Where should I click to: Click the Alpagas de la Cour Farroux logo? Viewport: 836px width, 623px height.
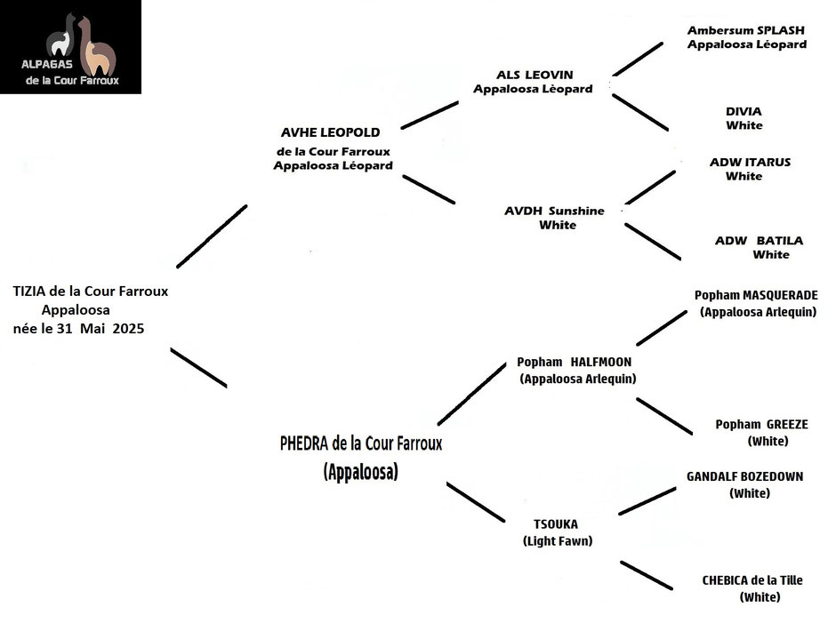click(x=70, y=47)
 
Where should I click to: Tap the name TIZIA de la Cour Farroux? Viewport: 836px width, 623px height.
click(x=91, y=292)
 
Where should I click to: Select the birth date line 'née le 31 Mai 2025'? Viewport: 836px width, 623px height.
click(x=78, y=328)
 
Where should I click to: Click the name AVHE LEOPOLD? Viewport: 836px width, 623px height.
click(x=331, y=132)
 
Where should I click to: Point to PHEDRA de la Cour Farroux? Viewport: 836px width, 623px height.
click(x=361, y=443)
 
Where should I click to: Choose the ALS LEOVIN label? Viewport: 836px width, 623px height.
click(x=535, y=76)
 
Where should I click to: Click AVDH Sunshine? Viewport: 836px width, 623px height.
click(x=554, y=211)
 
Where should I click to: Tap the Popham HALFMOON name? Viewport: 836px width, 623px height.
click(x=575, y=362)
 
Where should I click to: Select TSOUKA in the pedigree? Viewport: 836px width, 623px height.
click(x=556, y=524)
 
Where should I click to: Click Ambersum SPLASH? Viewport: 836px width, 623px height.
click(x=746, y=30)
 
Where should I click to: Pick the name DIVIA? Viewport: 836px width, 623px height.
click(x=744, y=111)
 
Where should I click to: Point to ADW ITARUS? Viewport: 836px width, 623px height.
click(x=750, y=162)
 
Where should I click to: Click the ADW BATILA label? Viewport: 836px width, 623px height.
click(x=760, y=240)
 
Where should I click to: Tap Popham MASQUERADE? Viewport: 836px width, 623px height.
click(x=756, y=295)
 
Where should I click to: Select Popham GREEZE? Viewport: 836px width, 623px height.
click(x=762, y=425)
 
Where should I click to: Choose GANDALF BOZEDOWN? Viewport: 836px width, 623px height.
click(x=744, y=476)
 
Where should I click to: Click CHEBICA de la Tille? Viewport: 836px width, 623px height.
click(x=752, y=580)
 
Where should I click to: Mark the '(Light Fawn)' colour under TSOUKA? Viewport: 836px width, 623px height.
click(x=558, y=541)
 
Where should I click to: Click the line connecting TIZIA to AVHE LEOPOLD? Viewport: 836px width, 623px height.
click(x=212, y=236)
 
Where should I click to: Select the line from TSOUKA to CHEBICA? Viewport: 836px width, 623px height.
click(x=647, y=576)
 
